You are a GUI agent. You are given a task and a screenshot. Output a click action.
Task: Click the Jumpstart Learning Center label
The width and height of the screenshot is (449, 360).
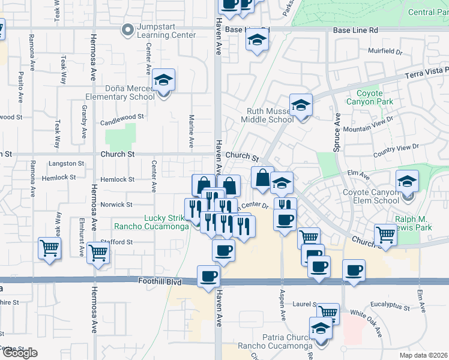[x=166, y=31]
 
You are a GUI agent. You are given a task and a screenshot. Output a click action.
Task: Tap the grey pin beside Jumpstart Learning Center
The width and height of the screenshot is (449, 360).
[x=127, y=29]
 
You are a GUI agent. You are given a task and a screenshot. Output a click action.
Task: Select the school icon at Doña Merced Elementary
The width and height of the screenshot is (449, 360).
[x=163, y=80]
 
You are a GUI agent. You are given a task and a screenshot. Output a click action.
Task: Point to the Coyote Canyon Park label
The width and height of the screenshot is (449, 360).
[x=370, y=97]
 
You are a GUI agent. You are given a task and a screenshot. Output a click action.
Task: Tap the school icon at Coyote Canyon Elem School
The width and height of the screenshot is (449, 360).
[x=408, y=181]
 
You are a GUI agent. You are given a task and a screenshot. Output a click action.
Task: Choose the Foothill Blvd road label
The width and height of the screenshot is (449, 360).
[x=160, y=281]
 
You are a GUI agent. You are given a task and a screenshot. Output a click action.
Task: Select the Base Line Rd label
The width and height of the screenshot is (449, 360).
[x=356, y=29]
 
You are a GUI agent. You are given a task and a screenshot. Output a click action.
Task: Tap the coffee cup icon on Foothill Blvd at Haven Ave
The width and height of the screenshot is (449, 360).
[x=209, y=277]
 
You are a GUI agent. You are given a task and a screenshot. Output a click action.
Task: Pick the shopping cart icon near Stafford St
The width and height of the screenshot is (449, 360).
[x=98, y=252]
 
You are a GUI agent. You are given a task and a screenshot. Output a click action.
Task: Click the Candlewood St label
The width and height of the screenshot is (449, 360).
[x=122, y=116]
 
